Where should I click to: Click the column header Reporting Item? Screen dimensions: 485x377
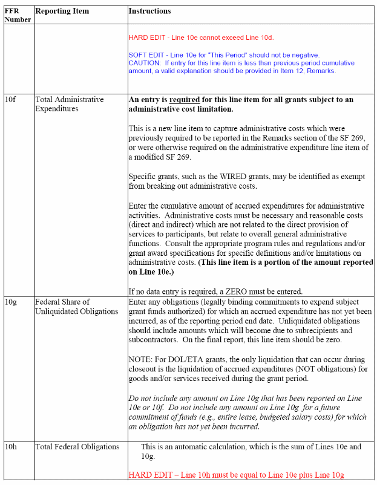(62, 11)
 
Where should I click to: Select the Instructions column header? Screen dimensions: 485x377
(150, 11)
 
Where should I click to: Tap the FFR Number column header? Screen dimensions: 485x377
(17, 15)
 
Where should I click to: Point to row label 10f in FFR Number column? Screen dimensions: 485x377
(10, 99)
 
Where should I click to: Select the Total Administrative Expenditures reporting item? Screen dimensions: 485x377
(69, 104)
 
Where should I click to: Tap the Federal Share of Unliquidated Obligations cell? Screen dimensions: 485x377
(76, 307)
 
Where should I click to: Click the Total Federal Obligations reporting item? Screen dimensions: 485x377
(77, 447)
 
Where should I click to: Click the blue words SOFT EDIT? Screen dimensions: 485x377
(145, 55)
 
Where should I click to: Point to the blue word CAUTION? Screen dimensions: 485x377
(144, 63)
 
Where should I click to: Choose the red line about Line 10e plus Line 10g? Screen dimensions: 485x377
(240, 475)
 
